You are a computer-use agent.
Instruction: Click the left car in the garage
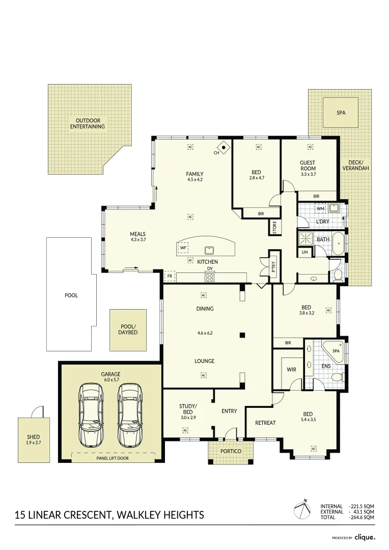pos(91,414)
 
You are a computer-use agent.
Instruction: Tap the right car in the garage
pos(128,414)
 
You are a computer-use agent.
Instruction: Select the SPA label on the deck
pos(341,113)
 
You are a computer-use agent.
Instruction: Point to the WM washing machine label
pos(320,208)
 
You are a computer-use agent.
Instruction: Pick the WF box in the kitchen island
pos(183,248)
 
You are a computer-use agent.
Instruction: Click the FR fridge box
pos(170,277)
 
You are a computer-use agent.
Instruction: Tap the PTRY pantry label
pos(273,265)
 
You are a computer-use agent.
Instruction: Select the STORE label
pos(274,227)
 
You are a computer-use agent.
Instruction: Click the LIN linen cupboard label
pos(304,252)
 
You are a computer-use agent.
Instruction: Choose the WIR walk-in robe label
pos(291,370)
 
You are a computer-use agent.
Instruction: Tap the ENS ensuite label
pos(326,366)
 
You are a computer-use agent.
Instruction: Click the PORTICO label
pos(230,451)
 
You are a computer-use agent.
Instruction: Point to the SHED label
pos(33,437)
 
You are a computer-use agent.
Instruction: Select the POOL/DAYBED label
pos(128,329)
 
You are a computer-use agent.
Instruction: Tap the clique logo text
pos(365,537)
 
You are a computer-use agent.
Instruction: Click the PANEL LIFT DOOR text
pos(113,458)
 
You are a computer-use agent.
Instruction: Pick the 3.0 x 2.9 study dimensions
pos(188,417)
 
